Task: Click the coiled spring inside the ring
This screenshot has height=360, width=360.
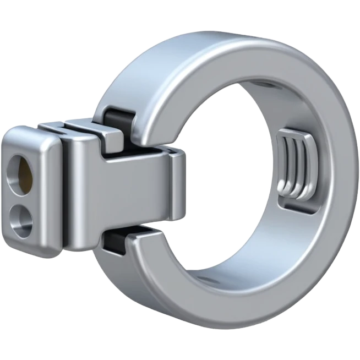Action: point(294,168)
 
